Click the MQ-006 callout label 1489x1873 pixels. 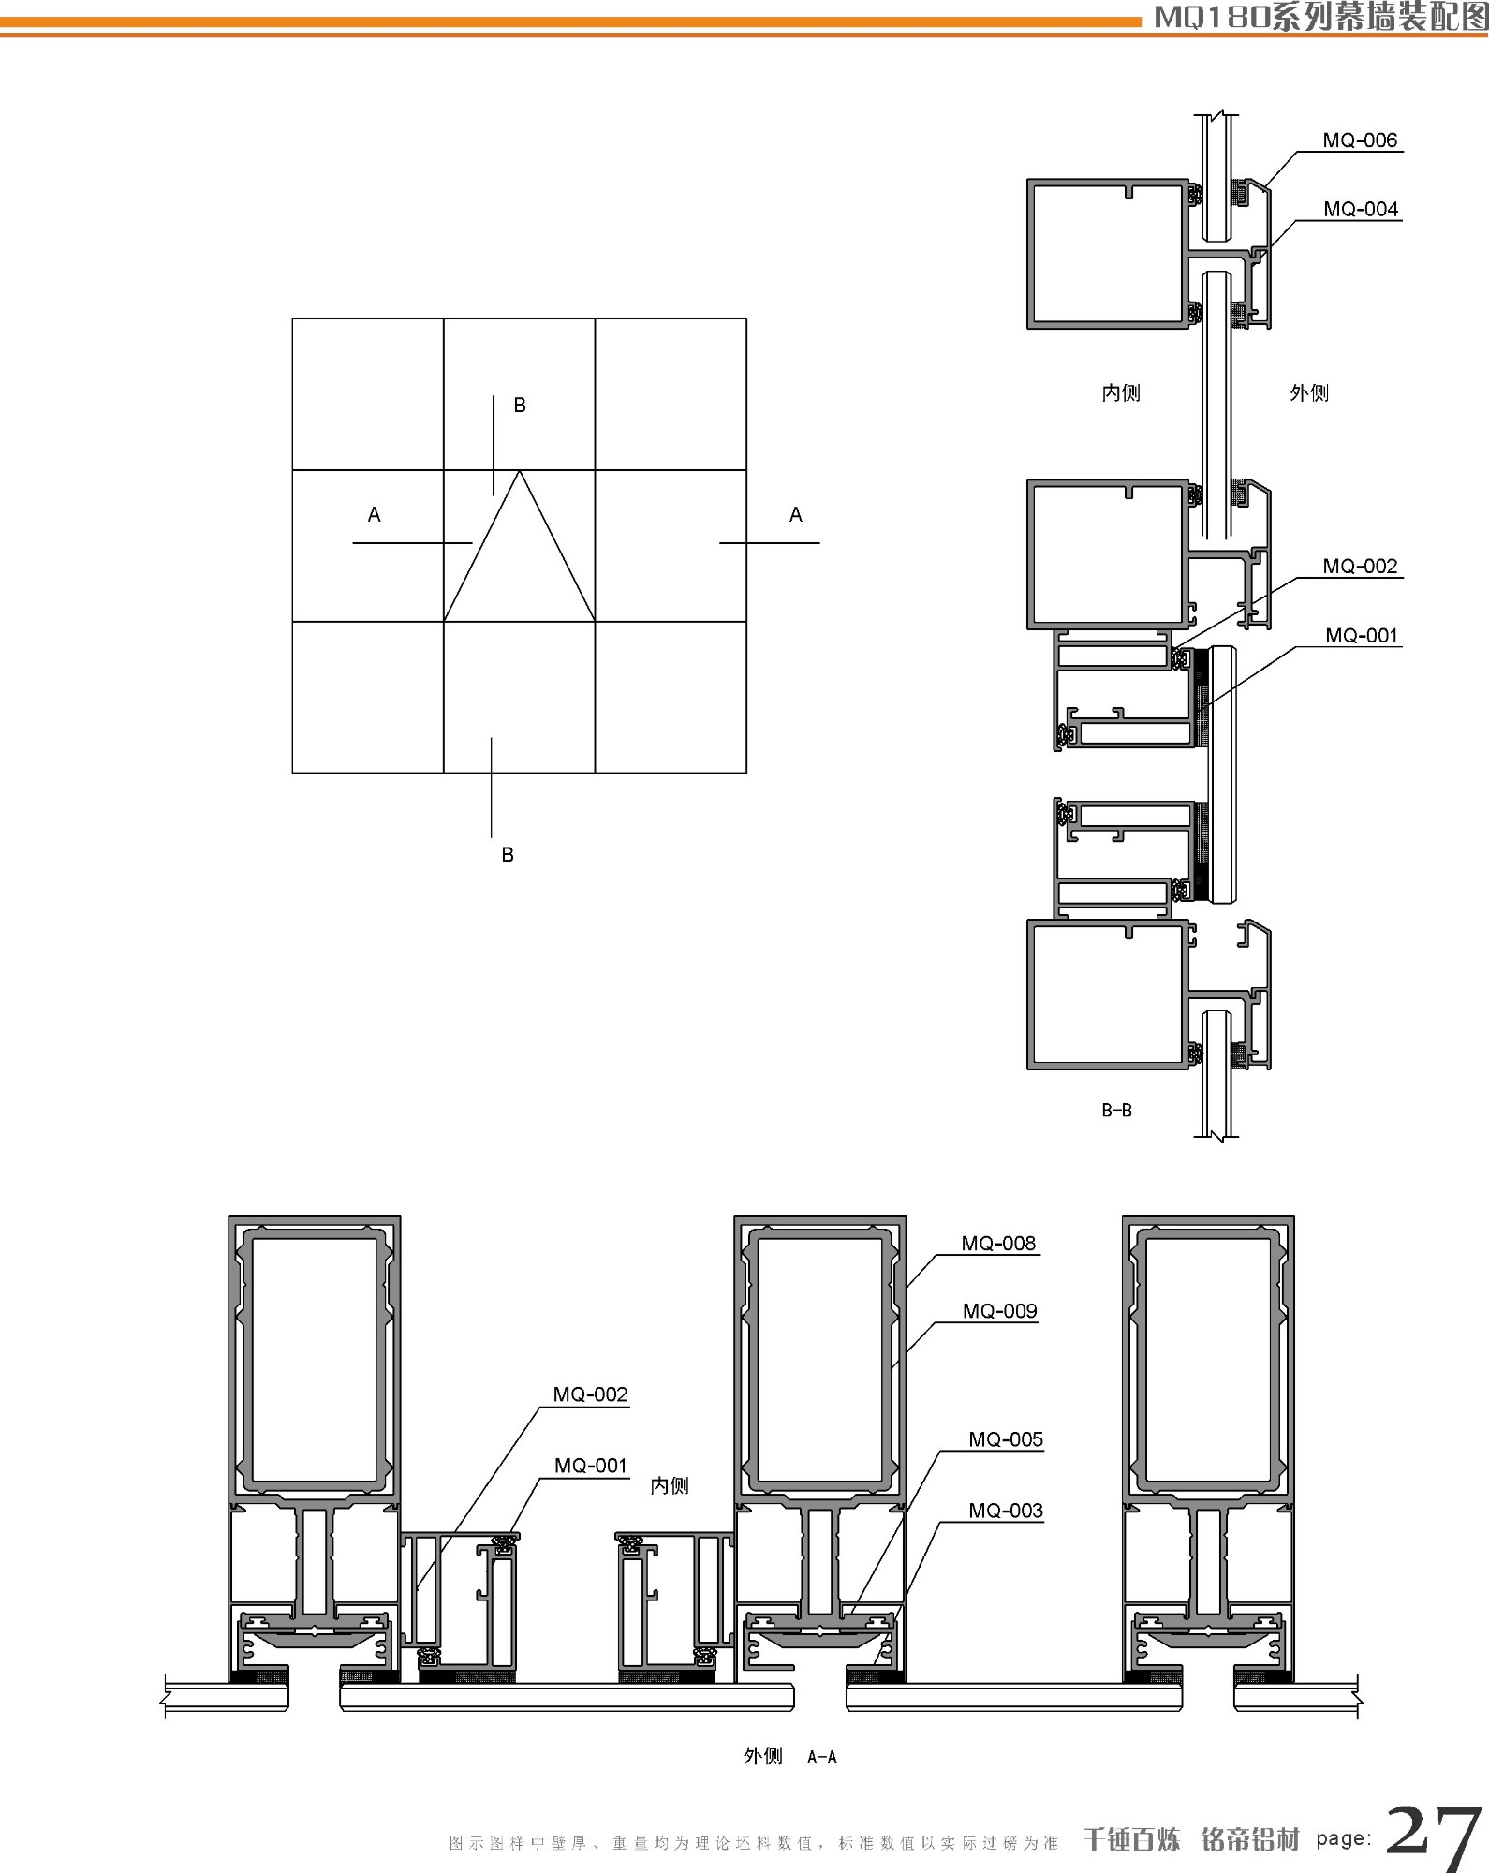1359,140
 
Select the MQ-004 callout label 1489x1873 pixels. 1360,209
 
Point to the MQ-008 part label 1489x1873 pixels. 998,1244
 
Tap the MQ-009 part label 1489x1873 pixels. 999,1311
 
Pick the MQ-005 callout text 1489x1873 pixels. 1005,1439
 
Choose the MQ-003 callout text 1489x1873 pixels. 1005,1511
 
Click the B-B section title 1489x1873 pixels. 1116,1111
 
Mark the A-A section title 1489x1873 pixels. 821,1758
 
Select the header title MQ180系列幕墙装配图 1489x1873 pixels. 1320,17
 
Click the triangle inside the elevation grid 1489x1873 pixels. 519,562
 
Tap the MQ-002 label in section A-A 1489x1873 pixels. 590,1394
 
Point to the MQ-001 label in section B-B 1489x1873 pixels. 1361,636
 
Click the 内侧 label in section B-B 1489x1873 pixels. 1120,393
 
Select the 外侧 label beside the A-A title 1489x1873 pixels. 762,1756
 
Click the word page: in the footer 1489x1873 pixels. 1343,1839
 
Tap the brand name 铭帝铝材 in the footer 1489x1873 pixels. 1250,1839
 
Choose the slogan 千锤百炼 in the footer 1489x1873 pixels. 1131,1839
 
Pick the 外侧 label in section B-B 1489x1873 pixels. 1308,393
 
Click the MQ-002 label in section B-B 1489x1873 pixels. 1359,567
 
